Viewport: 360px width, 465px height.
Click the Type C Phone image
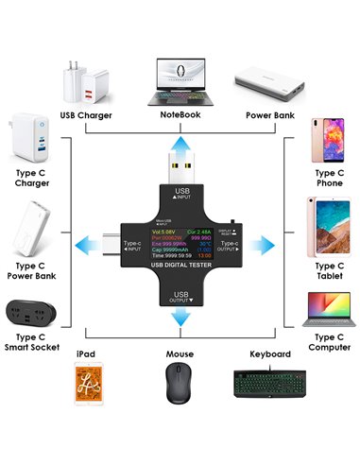pyautogui.click(x=327, y=142)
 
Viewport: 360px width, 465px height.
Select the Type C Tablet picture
pyautogui.click(x=327, y=228)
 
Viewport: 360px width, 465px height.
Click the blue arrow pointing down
pyautogui.click(x=179, y=320)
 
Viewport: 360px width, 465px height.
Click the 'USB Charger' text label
pyautogui.click(x=86, y=115)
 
